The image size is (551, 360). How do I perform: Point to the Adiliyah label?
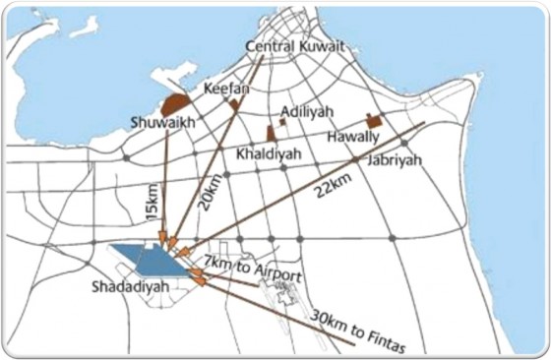pyautogui.click(x=309, y=112)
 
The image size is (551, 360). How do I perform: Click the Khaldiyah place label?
pyautogui.click(x=266, y=154)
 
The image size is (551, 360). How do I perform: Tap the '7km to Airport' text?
pyautogui.click(x=252, y=269)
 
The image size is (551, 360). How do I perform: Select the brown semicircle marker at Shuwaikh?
pyautogui.click(x=176, y=101)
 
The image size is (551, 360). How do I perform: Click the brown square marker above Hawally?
pyautogui.click(x=373, y=119)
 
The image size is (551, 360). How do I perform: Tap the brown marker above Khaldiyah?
pyautogui.click(x=270, y=133)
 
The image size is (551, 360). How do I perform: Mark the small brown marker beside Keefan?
pyautogui.click(x=234, y=101)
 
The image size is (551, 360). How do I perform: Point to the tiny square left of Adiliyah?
pyautogui.click(x=282, y=123)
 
